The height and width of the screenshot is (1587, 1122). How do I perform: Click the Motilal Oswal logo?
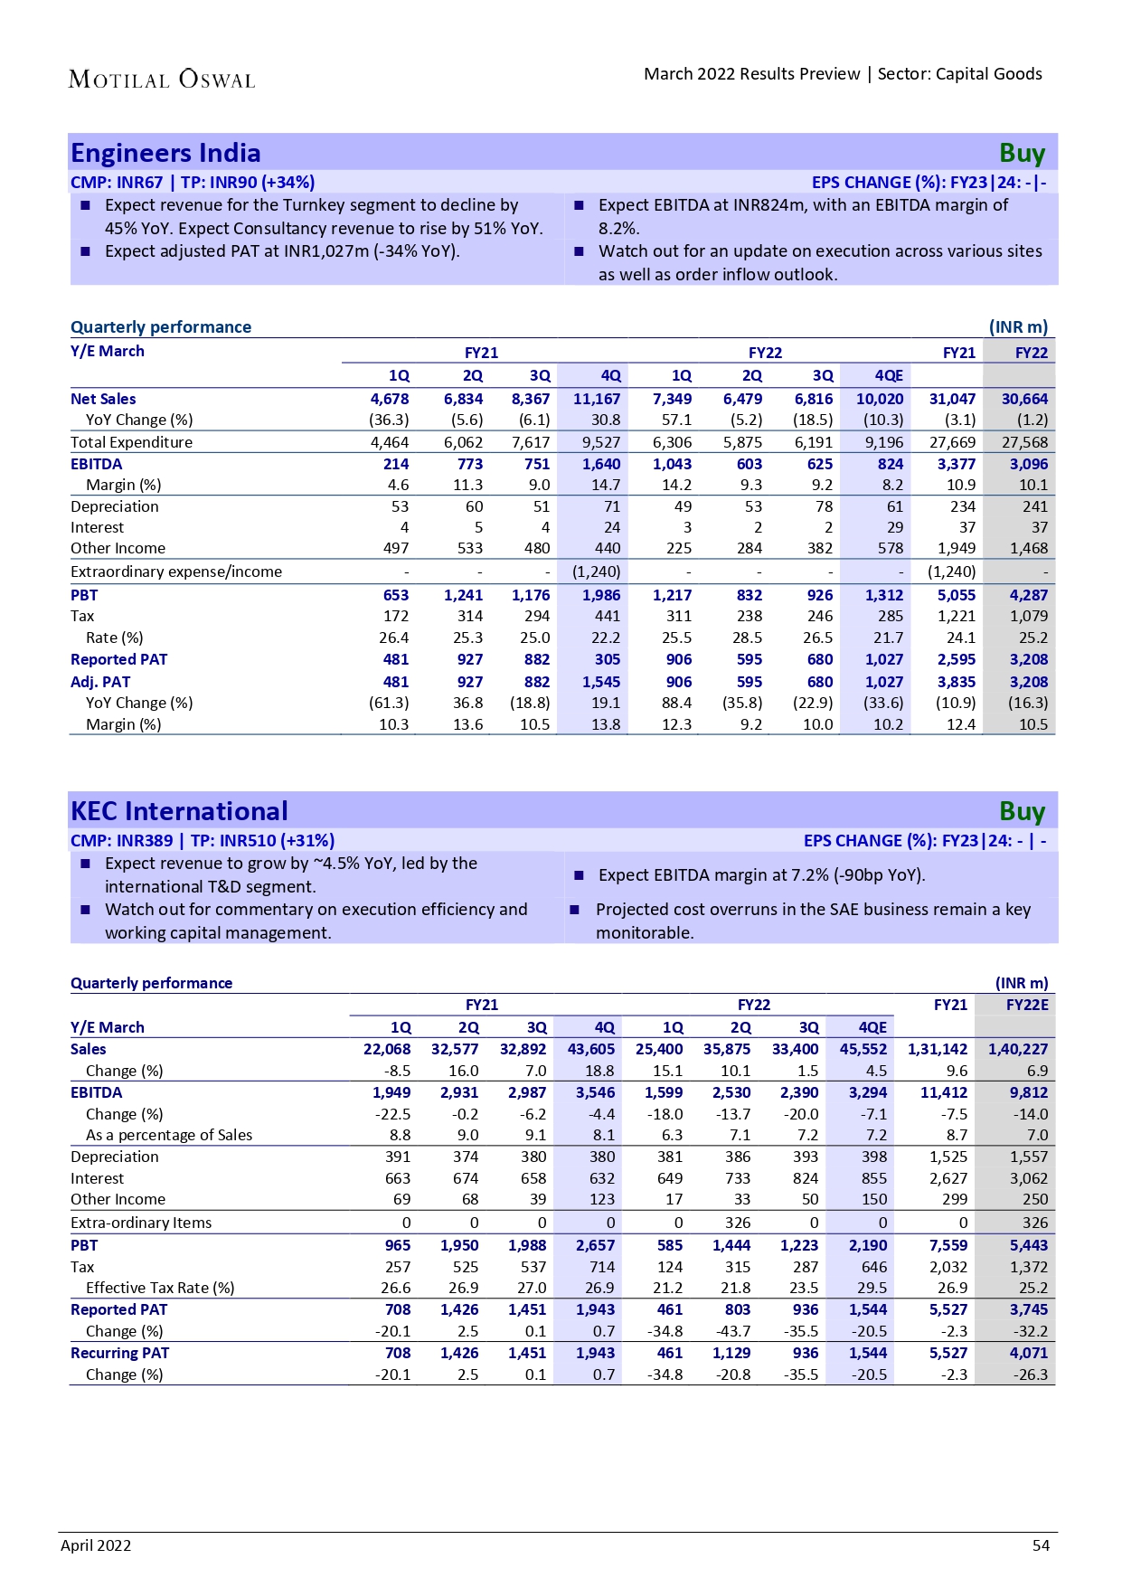pyautogui.click(x=162, y=80)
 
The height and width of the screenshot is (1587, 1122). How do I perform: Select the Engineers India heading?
pyautogui.click(x=165, y=153)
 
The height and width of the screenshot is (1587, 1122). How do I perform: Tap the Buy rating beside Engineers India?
pyautogui.click(x=1022, y=154)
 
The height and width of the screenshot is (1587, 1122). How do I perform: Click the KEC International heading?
pyautogui.click(x=179, y=811)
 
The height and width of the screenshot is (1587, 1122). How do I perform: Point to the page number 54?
pyautogui.click(x=1041, y=1545)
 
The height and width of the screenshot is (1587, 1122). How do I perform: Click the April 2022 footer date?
pyautogui.click(x=96, y=1545)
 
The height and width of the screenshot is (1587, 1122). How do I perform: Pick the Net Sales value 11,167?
pyautogui.click(x=597, y=399)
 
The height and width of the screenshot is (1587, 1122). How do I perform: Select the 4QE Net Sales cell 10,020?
pyautogui.click(x=880, y=399)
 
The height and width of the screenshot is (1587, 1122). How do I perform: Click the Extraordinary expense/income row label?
pyautogui.click(x=176, y=572)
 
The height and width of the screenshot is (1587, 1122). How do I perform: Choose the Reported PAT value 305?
pyautogui.click(x=608, y=659)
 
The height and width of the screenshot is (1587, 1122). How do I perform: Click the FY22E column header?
pyautogui.click(x=1027, y=1005)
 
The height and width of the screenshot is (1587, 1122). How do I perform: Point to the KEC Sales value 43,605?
pyautogui.click(x=591, y=1049)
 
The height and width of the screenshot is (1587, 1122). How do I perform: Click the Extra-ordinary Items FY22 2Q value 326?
pyautogui.click(x=738, y=1223)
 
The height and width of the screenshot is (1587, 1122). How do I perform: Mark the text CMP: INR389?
pyautogui.click(x=121, y=840)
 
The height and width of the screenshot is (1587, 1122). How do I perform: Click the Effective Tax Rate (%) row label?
pyautogui.click(x=160, y=1288)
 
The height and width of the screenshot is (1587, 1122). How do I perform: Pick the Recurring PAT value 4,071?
pyautogui.click(x=1029, y=1353)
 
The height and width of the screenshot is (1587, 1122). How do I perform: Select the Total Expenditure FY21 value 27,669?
pyautogui.click(x=952, y=442)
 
